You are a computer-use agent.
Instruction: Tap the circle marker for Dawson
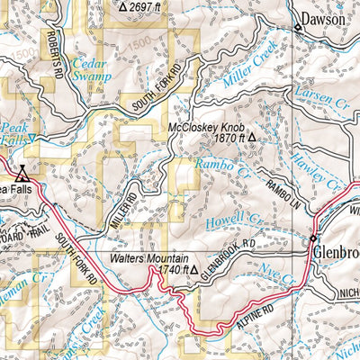[x=298, y=28]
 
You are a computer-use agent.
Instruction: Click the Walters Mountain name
[x=149, y=257]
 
